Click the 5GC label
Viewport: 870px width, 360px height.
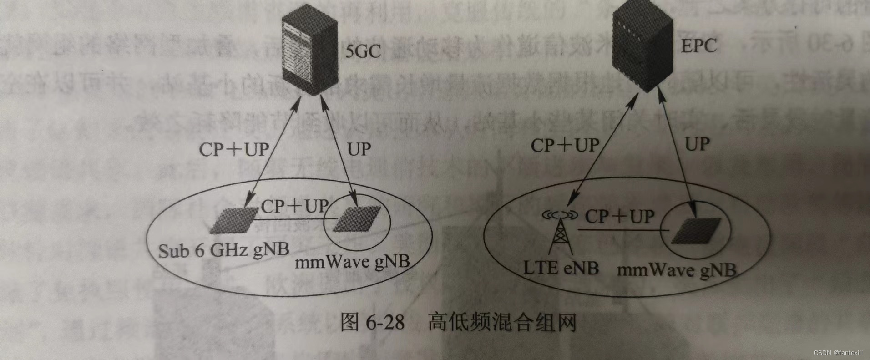(x=363, y=51)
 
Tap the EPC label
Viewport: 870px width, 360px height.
(x=699, y=46)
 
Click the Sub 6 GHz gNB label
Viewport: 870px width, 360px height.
(x=223, y=250)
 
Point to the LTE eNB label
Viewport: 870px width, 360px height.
(x=561, y=267)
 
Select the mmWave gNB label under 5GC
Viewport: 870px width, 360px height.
(x=352, y=262)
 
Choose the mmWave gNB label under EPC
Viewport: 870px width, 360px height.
(x=676, y=270)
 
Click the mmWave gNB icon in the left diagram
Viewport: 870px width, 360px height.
(x=358, y=219)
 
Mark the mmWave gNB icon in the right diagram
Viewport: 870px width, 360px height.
(x=696, y=230)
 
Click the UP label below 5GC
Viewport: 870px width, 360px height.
(x=359, y=149)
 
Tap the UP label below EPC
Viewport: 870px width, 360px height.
(x=697, y=145)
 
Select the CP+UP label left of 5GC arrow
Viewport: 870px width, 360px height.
(x=234, y=149)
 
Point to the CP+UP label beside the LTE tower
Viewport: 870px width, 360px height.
(x=619, y=217)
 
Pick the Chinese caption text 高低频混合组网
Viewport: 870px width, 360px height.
(x=502, y=323)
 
